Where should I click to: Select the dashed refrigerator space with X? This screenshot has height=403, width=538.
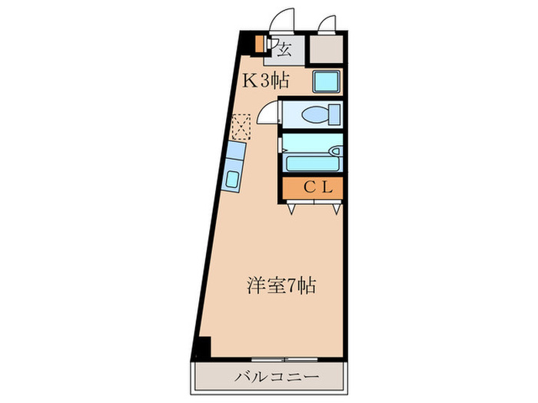243,126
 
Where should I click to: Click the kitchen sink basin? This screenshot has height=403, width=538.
234,180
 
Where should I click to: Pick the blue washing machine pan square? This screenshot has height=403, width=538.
326,81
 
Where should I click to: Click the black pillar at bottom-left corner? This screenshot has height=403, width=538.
201,346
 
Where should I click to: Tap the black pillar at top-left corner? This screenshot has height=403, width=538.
246,41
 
